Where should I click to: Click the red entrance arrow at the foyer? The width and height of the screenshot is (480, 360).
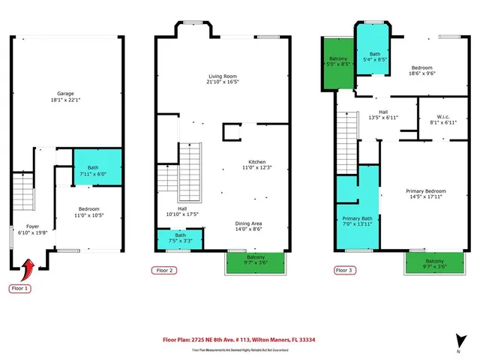tap(30, 267)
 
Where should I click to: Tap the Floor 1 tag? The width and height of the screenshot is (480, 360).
tap(19, 288)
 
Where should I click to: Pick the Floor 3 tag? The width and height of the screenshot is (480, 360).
tap(343, 270)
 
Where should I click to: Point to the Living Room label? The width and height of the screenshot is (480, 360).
tap(223, 79)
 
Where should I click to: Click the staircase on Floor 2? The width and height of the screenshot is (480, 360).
tap(190, 169)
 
